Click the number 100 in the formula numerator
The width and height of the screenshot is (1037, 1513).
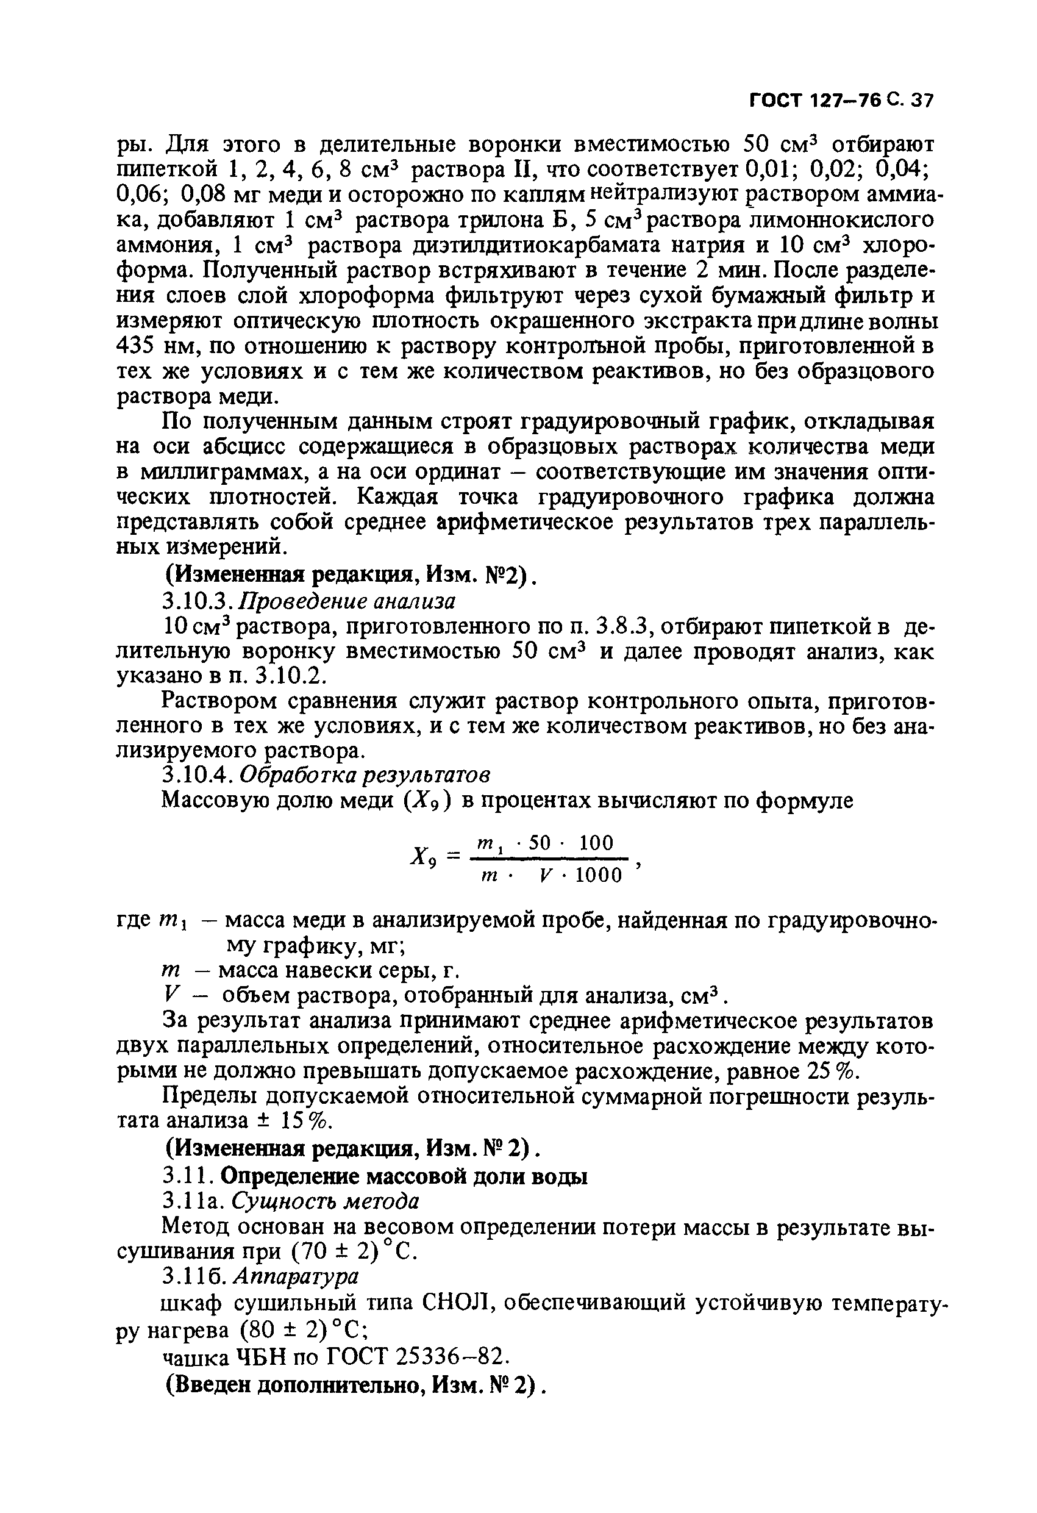(x=596, y=843)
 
